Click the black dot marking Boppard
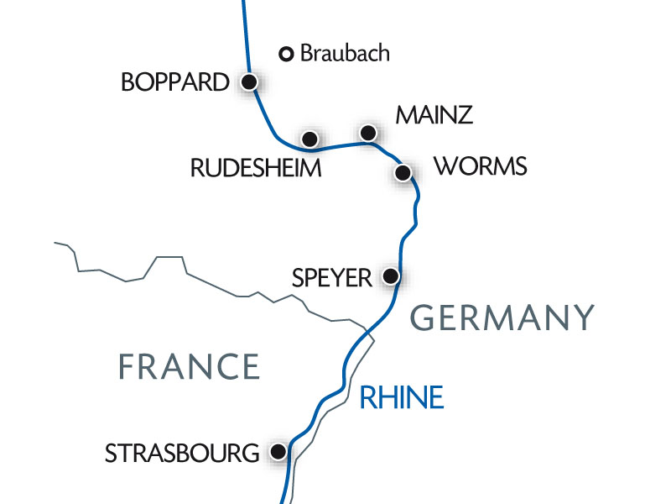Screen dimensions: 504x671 [x=249, y=81]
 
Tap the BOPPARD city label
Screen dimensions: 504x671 [x=174, y=82]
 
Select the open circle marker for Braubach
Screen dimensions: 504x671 [x=286, y=55]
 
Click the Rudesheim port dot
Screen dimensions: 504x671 [x=309, y=138]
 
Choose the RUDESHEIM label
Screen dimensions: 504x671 [x=256, y=168]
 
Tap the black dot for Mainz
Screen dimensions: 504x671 [x=367, y=132]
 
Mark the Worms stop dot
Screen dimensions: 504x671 [x=403, y=173]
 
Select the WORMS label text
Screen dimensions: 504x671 [x=481, y=167]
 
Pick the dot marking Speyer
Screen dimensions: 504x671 [x=390, y=276]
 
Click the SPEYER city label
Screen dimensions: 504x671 [x=331, y=277]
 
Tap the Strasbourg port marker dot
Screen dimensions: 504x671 [x=278, y=452]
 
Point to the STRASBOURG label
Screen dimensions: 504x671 [x=181, y=454]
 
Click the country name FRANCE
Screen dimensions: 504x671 [x=188, y=367]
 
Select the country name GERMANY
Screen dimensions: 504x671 [x=503, y=318]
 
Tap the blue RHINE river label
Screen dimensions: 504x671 [x=401, y=397]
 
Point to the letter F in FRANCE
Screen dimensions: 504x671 [x=126, y=367]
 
